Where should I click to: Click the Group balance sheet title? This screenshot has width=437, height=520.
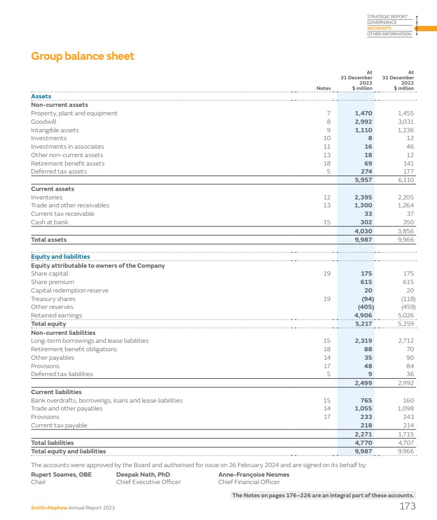click(x=83, y=56)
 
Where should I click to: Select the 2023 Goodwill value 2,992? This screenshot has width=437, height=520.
click(x=363, y=122)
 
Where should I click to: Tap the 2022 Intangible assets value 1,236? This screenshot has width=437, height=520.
click(x=406, y=130)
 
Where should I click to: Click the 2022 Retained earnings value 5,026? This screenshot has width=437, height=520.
click(x=406, y=315)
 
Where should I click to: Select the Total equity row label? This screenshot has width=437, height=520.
click(x=49, y=324)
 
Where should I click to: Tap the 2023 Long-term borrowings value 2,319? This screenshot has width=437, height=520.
click(x=363, y=341)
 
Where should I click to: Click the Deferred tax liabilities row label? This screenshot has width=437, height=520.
click(x=62, y=374)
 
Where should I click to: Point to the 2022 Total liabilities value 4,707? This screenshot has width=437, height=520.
click(x=406, y=443)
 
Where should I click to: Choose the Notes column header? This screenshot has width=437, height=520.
click(x=323, y=88)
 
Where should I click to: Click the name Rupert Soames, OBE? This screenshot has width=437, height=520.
click(x=61, y=475)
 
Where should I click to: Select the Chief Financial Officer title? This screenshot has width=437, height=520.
click(x=249, y=482)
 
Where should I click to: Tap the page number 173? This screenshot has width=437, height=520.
click(x=407, y=507)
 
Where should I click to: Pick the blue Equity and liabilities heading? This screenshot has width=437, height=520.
click(x=60, y=257)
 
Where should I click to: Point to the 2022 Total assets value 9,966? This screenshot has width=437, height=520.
click(x=406, y=240)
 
